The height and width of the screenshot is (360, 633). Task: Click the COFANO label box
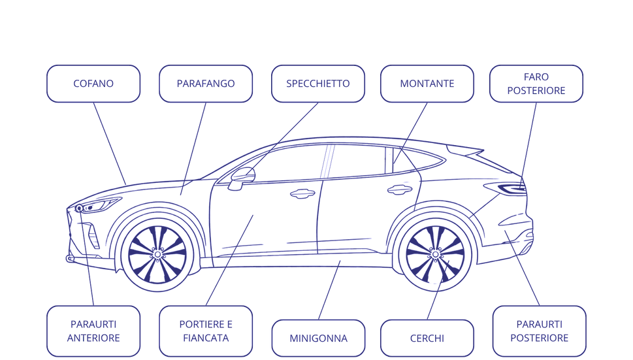pyautogui.click(x=93, y=84)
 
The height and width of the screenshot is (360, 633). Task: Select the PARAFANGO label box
pyautogui.click(x=206, y=84)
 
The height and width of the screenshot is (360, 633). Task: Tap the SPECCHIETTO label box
pyautogui.click(x=318, y=84)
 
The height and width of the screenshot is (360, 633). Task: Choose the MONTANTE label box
pyautogui.click(x=427, y=84)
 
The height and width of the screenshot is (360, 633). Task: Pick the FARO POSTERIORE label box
pyautogui.click(x=536, y=84)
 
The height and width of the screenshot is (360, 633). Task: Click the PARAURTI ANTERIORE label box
pyautogui.click(x=93, y=331)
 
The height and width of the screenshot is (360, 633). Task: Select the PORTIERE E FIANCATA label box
pyautogui.click(x=206, y=331)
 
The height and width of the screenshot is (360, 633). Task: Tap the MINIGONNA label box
pyautogui.click(x=319, y=338)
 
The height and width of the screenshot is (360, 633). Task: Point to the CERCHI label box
pyautogui.click(x=427, y=338)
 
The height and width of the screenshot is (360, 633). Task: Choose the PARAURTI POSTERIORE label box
pyautogui.click(x=540, y=331)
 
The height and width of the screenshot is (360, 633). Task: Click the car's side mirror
pyautogui.click(x=242, y=178)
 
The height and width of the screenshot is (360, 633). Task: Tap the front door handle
pyautogui.click(x=302, y=194)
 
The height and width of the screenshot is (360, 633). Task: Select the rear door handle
pyautogui.click(x=400, y=189)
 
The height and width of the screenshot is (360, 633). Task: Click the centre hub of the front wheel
pyautogui.click(x=157, y=255)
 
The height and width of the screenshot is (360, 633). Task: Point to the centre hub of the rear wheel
pyautogui.click(x=435, y=255)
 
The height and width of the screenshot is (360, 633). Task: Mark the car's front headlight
pyautogui.click(x=98, y=205)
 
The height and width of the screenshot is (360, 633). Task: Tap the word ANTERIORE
pyautogui.click(x=93, y=338)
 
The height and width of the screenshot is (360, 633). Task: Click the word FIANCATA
pyautogui.click(x=206, y=338)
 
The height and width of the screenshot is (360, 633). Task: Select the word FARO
pyautogui.click(x=536, y=76)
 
